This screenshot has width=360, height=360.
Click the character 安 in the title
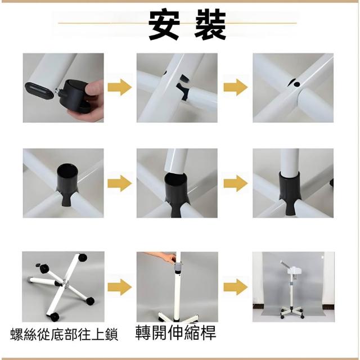[164, 24]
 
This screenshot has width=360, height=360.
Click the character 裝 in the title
[210, 24]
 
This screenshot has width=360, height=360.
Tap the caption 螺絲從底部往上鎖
[64, 335]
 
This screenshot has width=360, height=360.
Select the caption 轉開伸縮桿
[175, 332]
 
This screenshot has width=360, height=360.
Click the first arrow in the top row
[119, 87]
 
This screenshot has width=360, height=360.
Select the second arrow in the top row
[236, 87]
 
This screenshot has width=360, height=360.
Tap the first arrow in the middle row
[119, 183]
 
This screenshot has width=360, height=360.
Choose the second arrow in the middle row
[236, 183]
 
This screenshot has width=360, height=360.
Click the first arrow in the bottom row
[119, 287]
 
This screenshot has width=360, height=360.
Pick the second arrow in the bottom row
[236, 287]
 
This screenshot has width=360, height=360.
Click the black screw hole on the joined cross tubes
[297, 84]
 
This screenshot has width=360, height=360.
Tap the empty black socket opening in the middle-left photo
[67, 170]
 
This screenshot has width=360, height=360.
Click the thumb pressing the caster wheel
[94, 88]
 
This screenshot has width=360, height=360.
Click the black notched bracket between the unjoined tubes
[183, 88]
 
